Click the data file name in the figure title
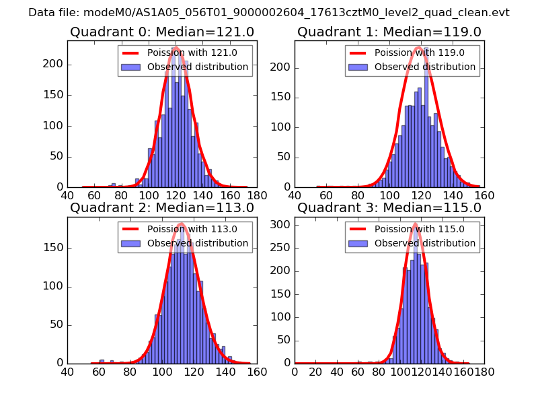pyautogui.click(x=269, y=13)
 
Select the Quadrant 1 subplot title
pyautogui.click(x=389, y=32)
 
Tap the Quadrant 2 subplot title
pyautogui.click(x=161, y=207)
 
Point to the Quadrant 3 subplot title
pyautogui.click(x=389, y=207)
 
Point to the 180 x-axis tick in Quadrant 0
pyautogui.click(x=257, y=195)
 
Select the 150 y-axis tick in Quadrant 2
pyautogui.click(x=54, y=248)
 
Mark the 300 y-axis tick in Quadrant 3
pyautogui.click(x=281, y=224)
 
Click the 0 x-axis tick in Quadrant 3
pyautogui.click(x=295, y=371)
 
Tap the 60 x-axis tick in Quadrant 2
pyautogui.click(x=99, y=371)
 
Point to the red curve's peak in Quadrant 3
pyautogui.click(x=415, y=224)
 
